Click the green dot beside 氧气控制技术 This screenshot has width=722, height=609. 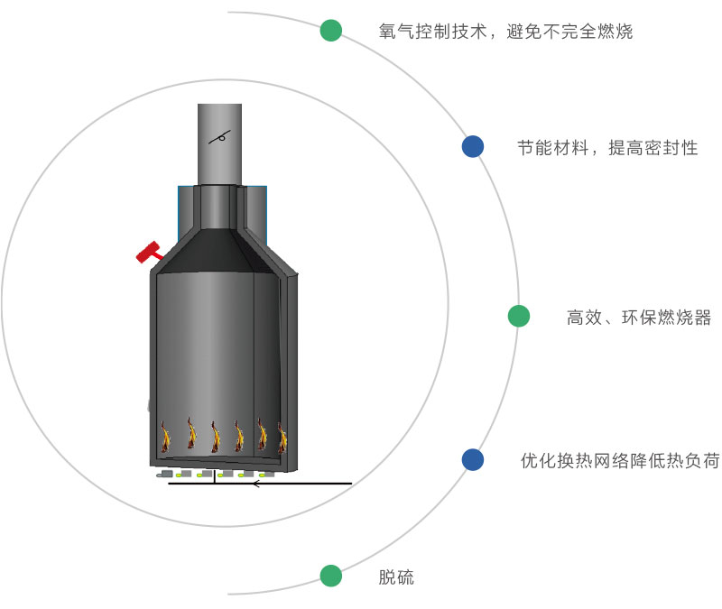(x=331, y=31)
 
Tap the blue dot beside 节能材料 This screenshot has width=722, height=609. (x=473, y=147)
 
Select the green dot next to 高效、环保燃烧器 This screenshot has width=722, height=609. (x=519, y=316)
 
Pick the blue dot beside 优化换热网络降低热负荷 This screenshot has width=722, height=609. (x=473, y=460)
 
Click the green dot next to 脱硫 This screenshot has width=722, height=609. (x=331, y=576)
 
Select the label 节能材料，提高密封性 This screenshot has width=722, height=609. (x=607, y=148)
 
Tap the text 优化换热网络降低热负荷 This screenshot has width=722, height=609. (x=620, y=461)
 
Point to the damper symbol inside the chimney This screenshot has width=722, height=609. (x=219, y=136)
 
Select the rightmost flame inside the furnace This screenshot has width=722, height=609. (x=282, y=438)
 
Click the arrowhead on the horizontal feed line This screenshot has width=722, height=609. (x=256, y=484)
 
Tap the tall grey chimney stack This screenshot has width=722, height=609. (x=219, y=144)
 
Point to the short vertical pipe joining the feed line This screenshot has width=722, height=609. (x=213, y=478)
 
